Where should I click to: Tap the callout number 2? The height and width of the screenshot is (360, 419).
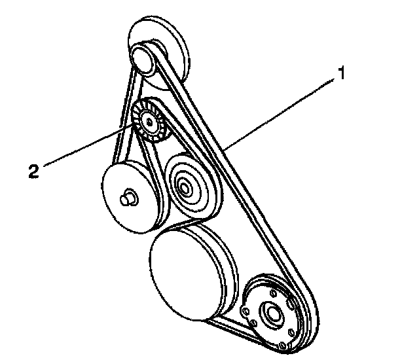[x=33, y=171]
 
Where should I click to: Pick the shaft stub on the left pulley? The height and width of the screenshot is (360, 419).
[x=129, y=196]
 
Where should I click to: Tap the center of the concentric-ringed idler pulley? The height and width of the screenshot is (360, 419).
[x=184, y=189]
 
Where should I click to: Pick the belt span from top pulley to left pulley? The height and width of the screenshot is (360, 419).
[x=121, y=111]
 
